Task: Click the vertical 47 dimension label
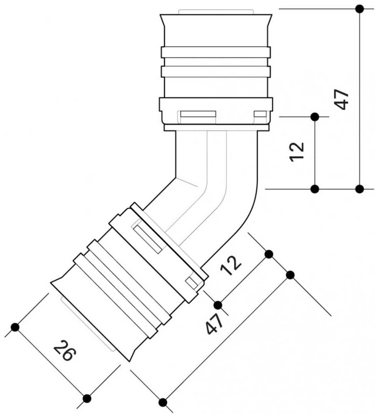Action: (341, 99)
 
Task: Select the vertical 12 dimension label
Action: (297, 152)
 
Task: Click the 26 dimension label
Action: (65, 350)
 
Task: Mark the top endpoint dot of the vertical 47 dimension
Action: (359, 9)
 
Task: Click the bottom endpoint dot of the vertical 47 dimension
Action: (359, 189)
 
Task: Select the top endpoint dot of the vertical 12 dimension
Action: (315, 117)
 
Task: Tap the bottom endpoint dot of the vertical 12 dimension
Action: (315, 189)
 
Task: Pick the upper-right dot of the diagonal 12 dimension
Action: (269, 254)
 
